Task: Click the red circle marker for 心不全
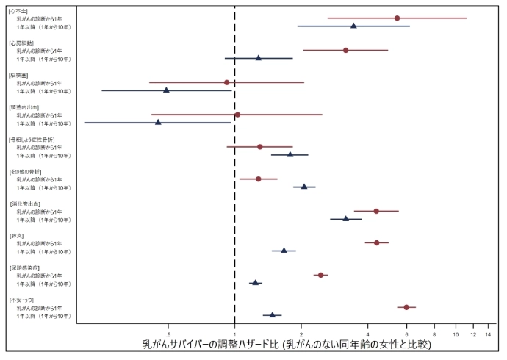point(398,18)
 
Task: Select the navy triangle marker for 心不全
point(353,26)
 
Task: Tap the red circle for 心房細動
point(345,50)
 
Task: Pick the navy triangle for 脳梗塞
point(166,90)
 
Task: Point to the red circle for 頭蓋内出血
point(237,115)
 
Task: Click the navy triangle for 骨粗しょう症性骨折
point(290,154)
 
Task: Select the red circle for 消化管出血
point(376,211)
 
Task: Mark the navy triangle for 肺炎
point(284,251)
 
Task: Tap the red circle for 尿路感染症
point(320,275)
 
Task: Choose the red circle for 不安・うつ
point(406,307)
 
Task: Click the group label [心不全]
point(18,10)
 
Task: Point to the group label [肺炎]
point(15,235)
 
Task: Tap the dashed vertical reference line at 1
point(234,184)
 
